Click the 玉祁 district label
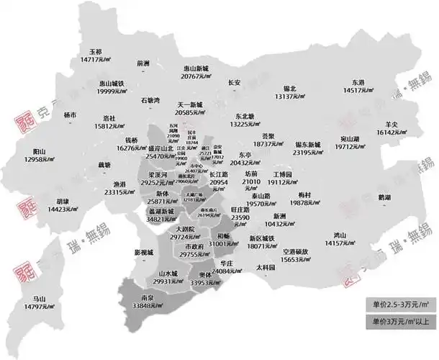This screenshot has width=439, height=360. click(96, 52)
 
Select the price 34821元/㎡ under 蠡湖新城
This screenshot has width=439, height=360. click(161, 220)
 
